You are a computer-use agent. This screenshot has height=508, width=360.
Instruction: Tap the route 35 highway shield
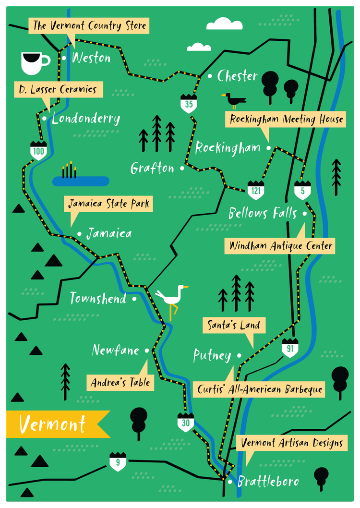189,104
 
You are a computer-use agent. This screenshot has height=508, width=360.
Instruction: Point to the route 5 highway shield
302,190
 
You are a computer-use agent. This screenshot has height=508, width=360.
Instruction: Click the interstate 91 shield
290,348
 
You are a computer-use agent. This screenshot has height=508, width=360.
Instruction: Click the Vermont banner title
53,424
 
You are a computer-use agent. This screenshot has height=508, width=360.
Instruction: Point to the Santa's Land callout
234,325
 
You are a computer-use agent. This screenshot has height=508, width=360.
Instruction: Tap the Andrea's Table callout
120,383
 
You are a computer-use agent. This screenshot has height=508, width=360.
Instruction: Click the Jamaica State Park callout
108,204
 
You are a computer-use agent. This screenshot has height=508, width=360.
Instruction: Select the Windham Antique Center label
280,246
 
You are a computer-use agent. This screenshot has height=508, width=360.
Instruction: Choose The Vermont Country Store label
89,25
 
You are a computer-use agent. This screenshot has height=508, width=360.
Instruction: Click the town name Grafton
152,168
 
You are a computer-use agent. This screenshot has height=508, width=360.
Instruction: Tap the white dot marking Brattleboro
231,481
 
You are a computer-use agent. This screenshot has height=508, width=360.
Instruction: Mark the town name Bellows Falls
263,213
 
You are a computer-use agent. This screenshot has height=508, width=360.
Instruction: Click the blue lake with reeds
81,181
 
